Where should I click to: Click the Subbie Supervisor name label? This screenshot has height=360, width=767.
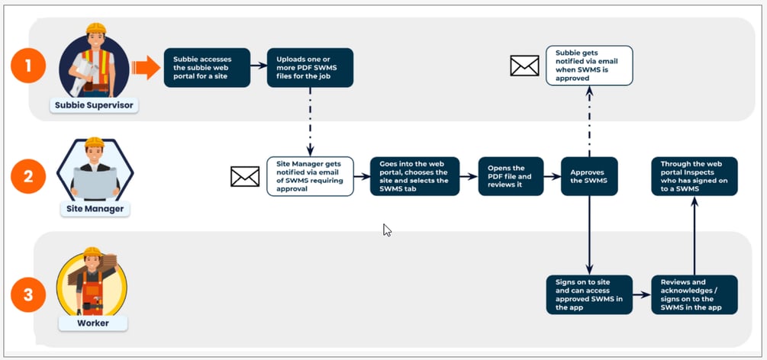pyautogui.click(x=95, y=105)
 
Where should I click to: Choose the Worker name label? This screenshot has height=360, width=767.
pyautogui.click(x=92, y=323)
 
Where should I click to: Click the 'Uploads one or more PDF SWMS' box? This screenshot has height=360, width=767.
pyautogui.click(x=310, y=68)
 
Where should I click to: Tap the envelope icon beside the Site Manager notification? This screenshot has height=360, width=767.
pyautogui.click(x=245, y=177)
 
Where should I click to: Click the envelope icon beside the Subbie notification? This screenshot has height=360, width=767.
pyautogui.click(x=524, y=66)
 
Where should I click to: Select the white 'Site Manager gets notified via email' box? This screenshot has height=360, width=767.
pyautogui.click(x=310, y=177)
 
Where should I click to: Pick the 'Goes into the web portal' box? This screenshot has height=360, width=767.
pyautogui.click(x=415, y=177)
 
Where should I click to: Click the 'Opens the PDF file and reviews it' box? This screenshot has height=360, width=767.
pyautogui.click(x=511, y=177)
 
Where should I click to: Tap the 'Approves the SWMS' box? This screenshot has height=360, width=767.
pyautogui.click(x=589, y=177)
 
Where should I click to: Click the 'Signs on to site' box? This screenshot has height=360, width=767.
pyautogui.click(x=589, y=294)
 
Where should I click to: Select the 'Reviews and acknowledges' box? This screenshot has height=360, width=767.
pyautogui.click(x=694, y=294)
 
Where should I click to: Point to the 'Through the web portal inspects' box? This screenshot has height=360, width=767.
pyautogui.click(x=694, y=177)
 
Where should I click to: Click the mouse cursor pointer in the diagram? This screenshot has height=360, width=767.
pyautogui.click(x=387, y=230)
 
